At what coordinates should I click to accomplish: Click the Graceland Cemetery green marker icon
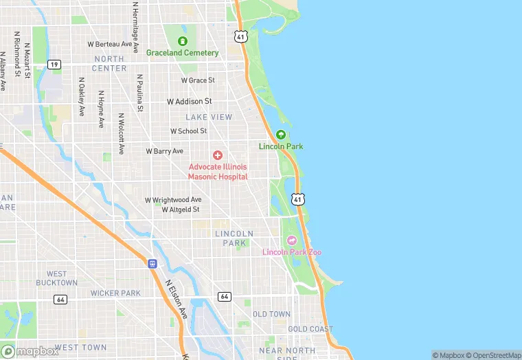tap(183, 41)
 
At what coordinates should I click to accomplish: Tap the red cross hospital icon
tap(218, 156)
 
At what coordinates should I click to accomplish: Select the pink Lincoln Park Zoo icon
tap(291, 240)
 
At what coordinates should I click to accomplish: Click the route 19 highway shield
tap(54, 64)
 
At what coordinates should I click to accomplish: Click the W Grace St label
tap(198, 80)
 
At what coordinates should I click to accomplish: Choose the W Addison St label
tap(189, 102)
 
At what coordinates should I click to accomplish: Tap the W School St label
tap(188, 131)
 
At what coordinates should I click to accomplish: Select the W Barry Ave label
tap(164, 151)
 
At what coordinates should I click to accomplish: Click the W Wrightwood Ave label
tap(172, 200)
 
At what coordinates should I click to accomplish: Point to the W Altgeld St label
tap(181, 209)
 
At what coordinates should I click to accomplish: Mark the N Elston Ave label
tap(176, 298)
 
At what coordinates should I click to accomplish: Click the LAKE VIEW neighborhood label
tap(209, 117)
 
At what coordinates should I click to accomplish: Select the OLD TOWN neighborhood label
tap(271, 314)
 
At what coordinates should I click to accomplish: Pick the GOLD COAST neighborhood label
tap(310, 329)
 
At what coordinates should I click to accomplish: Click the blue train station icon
tap(152, 262)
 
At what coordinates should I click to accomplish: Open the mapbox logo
tap(30, 351)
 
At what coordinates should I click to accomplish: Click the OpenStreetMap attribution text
tap(492, 355)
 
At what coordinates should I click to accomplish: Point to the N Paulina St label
tap(139, 93)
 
